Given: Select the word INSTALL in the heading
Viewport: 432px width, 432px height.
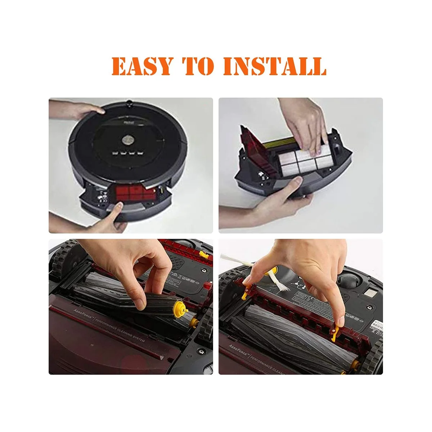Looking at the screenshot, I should click(x=275, y=66).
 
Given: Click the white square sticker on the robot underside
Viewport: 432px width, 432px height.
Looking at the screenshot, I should click(x=368, y=292).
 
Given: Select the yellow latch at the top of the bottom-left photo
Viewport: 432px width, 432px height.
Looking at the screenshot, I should click(x=204, y=255).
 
